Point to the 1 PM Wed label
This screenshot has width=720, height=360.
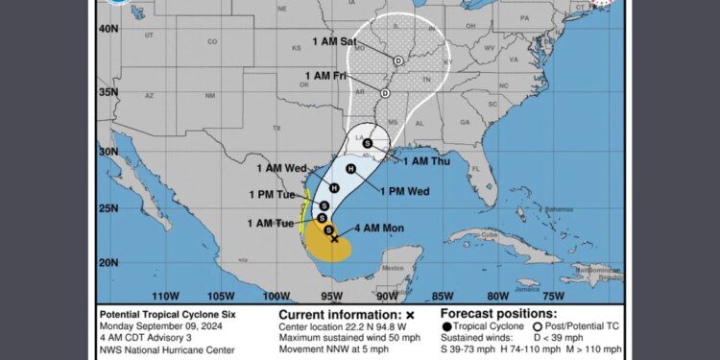(x=404, y=191)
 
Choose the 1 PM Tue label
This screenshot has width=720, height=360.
(x=274, y=195)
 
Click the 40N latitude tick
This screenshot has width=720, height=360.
(x=108, y=30)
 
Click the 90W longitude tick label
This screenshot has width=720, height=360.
(x=387, y=296)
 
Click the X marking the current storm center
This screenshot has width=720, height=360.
(x=334, y=240)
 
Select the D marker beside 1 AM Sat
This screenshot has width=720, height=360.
(x=397, y=60)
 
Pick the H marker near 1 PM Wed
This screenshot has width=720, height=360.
(x=350, y=169)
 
